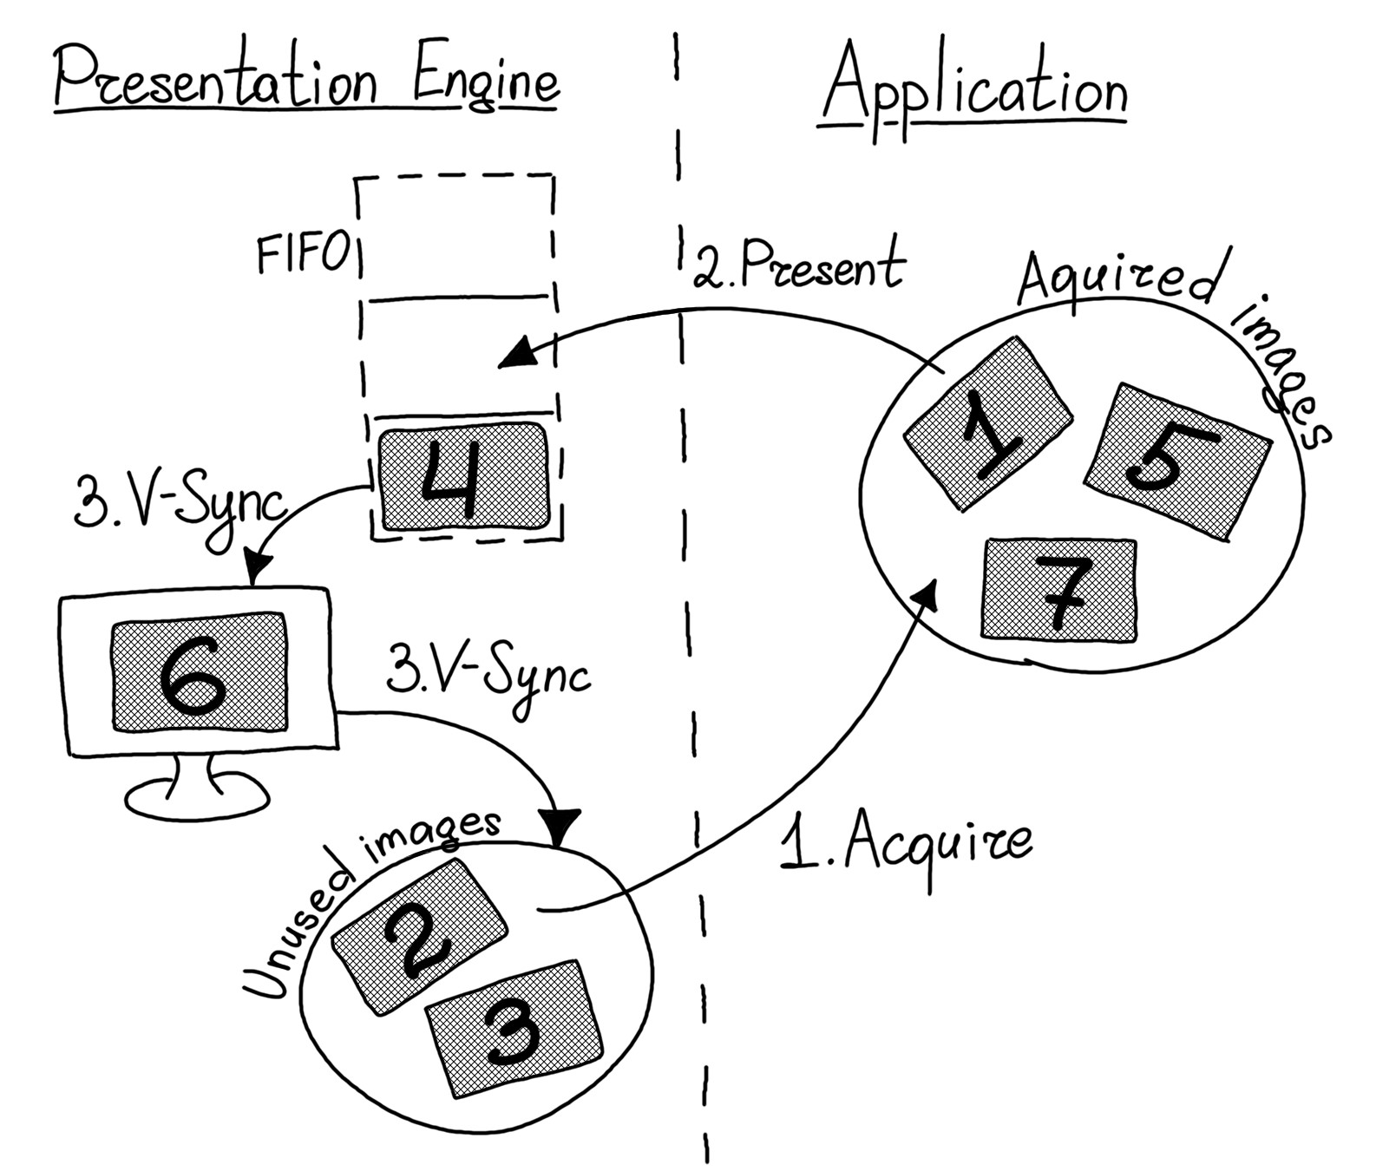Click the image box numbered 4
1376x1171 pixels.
point(464,476)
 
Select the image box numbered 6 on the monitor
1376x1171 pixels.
point(200,676)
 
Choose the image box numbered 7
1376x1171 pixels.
point(1059,590)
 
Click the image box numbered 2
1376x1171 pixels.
point(420,937)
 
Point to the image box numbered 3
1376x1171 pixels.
point(514,1028)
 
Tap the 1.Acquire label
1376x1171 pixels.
point(906,844)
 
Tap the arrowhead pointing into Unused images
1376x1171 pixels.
point(559,828)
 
